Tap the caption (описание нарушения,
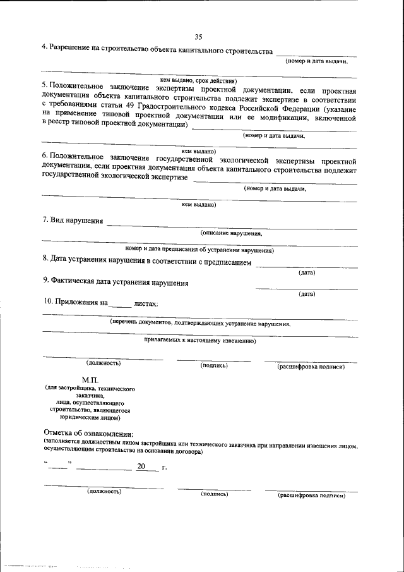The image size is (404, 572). (231, 233)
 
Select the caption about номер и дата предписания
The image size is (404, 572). (199, 250)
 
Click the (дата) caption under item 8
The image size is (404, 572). (307, 272)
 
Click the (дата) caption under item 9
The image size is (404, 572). (307, 294)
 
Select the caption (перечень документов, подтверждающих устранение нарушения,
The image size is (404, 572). (200, 323)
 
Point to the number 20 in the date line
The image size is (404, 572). (141, 466)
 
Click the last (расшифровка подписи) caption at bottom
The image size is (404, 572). (312, 496)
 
